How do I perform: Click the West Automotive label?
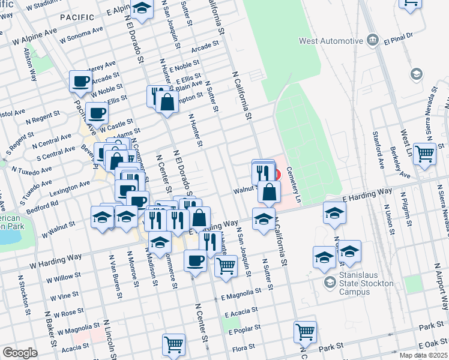tap(331, 41)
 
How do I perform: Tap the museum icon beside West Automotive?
tap(373, 41)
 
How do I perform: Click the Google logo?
tap(20, 353)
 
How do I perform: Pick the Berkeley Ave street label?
tap(400, 160)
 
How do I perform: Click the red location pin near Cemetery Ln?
tap(277, 175)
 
